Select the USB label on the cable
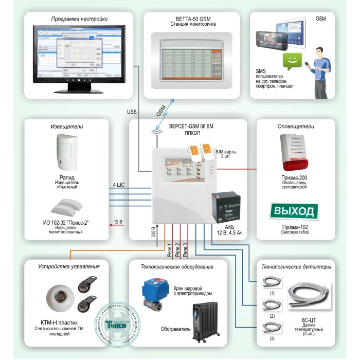coord(132,111)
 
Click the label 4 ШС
coord(118,184)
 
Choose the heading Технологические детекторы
coord(296,267)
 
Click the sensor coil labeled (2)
coord(272,305)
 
